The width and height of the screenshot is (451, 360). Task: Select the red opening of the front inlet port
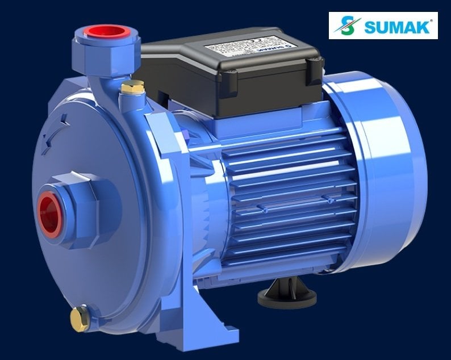(x=50, y=213)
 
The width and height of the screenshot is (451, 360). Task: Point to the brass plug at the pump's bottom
(x=80, y=318)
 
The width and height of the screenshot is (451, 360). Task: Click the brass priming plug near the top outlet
(x=133, y=87)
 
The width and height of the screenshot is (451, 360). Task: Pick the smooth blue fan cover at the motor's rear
(x=386, y=170)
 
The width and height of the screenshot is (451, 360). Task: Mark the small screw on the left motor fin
(x=265, y=210)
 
